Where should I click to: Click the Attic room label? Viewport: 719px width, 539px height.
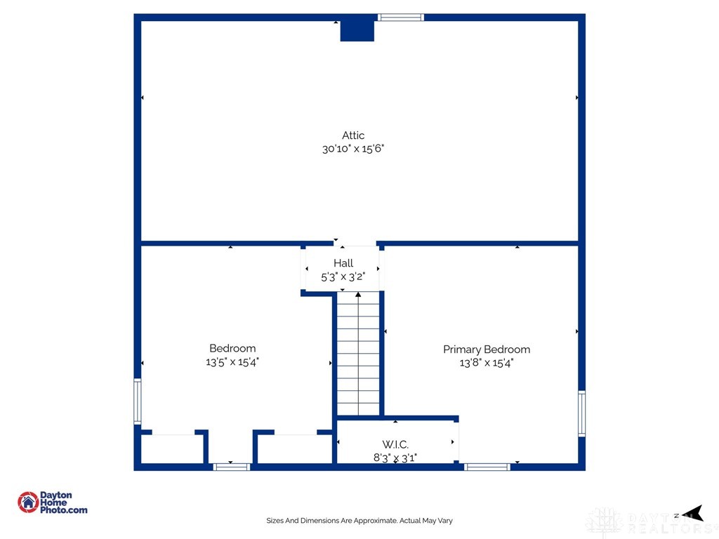[353, 135]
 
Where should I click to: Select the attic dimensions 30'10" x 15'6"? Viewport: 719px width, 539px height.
[353, 149]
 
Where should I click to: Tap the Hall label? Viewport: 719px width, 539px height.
[343, 263]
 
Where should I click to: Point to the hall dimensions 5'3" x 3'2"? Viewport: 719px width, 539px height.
[343, 277]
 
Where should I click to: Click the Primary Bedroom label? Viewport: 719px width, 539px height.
[487, 350]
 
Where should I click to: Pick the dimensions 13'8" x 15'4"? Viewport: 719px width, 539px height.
[487, 363]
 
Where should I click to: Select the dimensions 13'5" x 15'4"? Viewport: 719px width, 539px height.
[232, 361]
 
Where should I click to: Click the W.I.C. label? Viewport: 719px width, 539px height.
[395, 444]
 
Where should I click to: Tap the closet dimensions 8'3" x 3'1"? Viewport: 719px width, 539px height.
[395, 458]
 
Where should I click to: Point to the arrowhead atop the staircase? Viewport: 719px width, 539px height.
[358, 294]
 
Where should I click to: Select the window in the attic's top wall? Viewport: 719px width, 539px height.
[401, 18]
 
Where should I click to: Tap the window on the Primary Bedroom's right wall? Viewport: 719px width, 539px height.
[581, 413]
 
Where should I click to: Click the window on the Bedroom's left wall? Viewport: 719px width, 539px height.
[138, 401]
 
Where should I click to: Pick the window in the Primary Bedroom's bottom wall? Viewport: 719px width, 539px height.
[487, 467]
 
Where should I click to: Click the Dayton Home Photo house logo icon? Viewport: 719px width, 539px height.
[28, 503]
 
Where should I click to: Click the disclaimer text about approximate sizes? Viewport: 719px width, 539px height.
[359, 521]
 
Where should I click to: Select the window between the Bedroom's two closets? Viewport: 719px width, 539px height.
[232, 467]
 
